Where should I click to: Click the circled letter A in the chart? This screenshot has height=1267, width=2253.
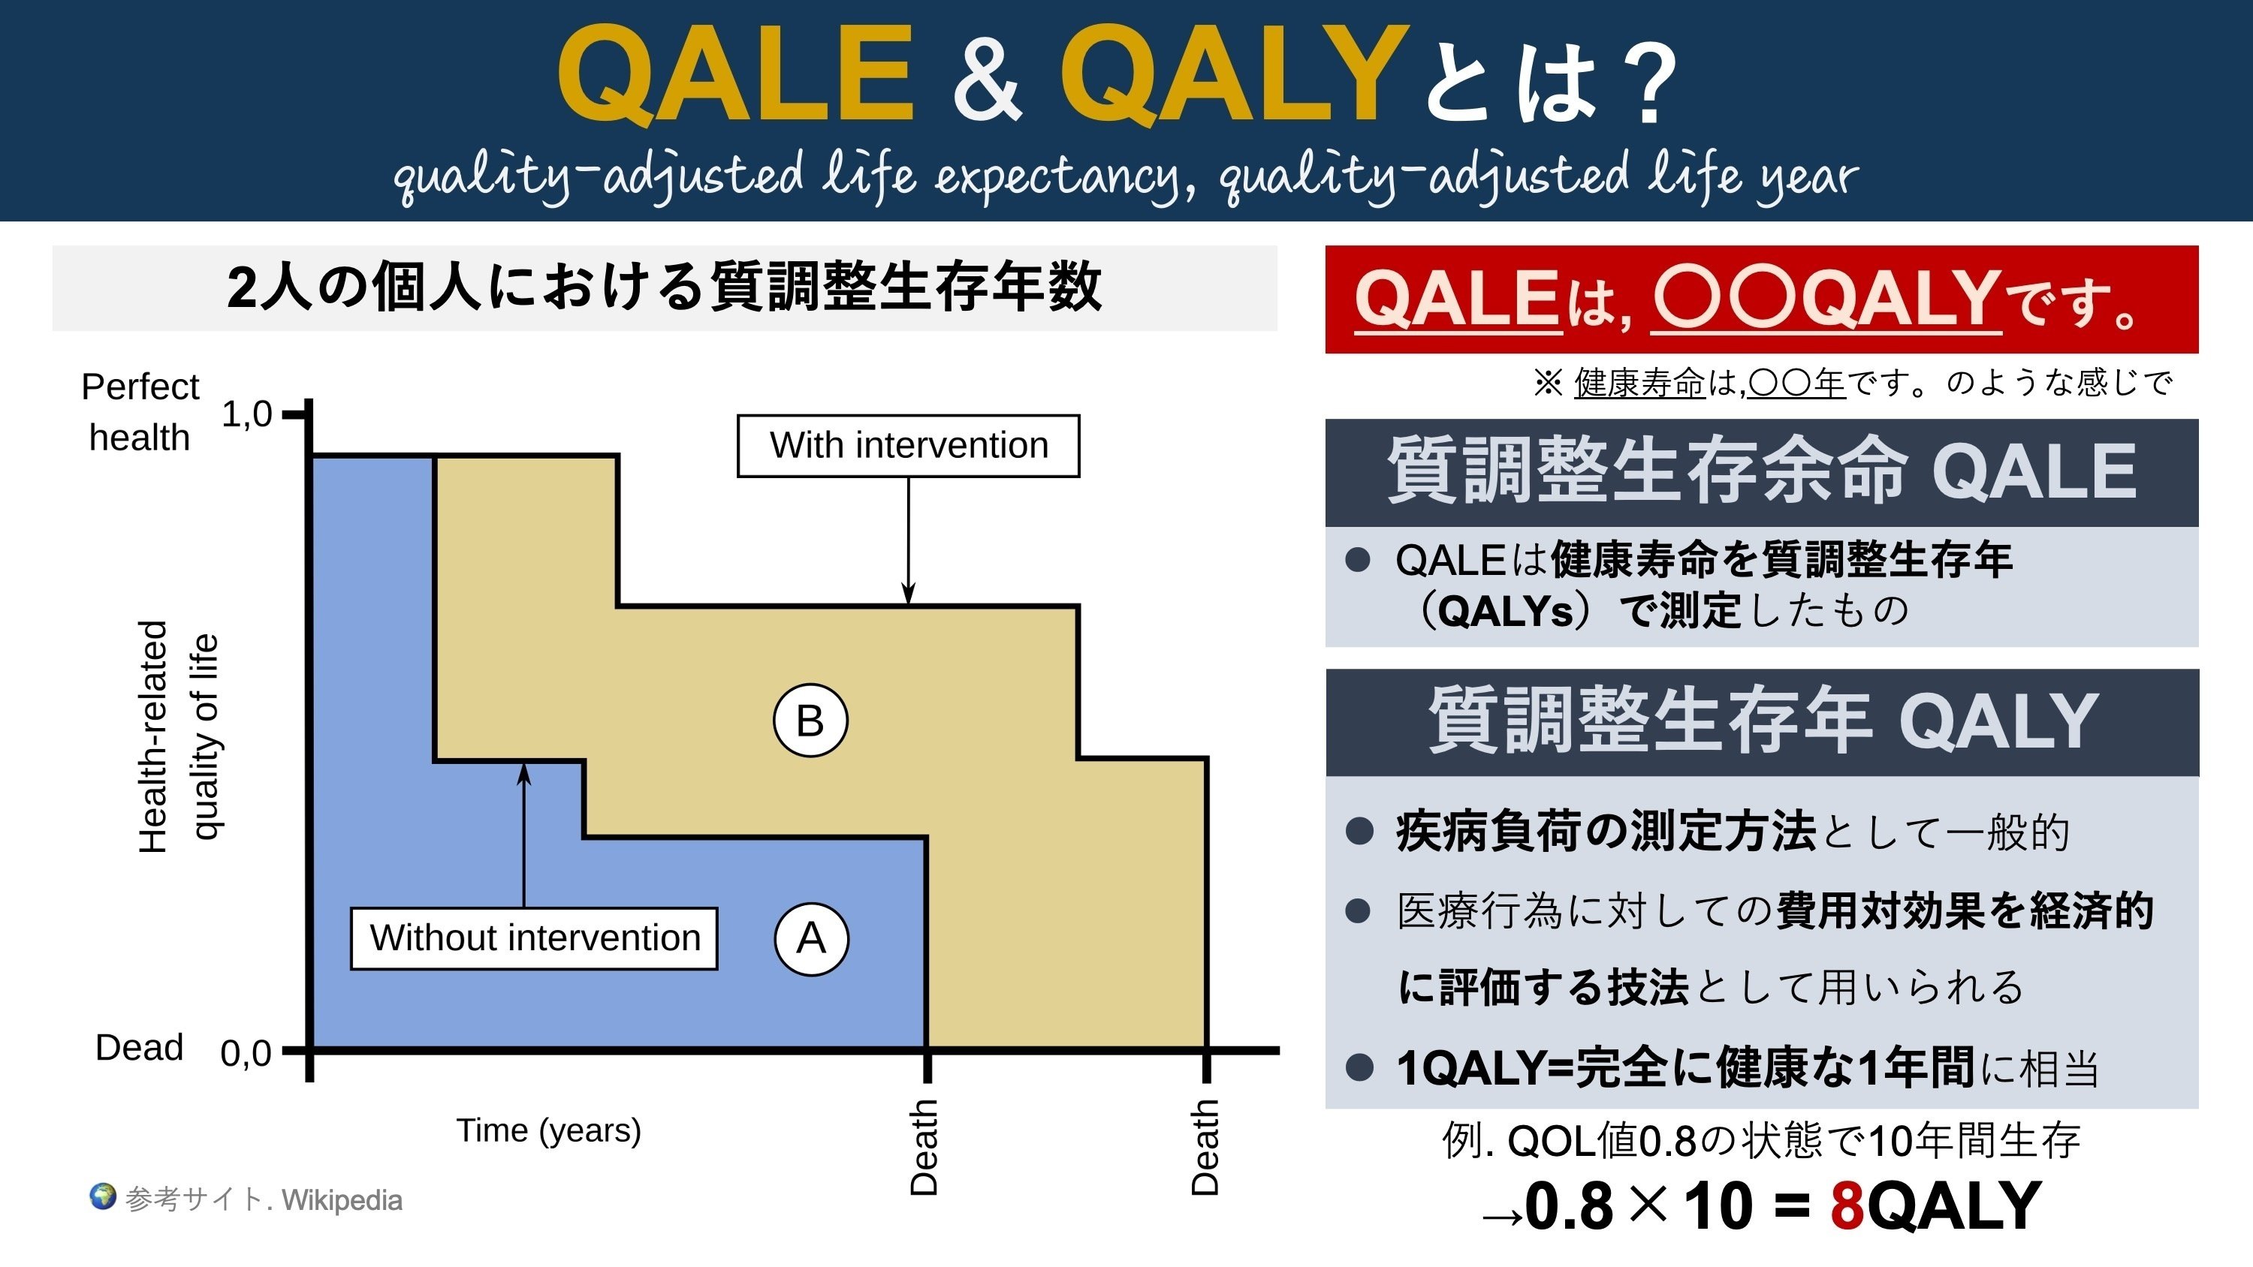coord(812,939)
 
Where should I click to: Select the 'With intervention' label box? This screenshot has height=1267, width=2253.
coord(909,446)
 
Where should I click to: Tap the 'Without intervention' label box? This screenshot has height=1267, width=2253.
coord(535,938)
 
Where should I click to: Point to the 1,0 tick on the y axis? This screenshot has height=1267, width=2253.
coord(296,413)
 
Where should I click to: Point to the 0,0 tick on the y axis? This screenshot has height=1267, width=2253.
coord(296,1050)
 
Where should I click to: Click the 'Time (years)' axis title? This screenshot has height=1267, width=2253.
coord(548,1130)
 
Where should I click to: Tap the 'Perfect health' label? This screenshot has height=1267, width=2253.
coord(140,412)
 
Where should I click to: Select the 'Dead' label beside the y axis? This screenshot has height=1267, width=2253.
coord(139,1048)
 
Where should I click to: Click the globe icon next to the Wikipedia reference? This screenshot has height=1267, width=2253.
coord(102,1196)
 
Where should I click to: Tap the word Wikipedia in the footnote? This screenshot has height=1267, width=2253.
coord(342,1200)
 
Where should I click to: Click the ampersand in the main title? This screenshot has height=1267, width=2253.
coord(988,77)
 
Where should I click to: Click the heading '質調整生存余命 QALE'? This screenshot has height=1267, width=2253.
coord(1761,471)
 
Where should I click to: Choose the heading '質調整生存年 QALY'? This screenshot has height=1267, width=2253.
coord(1763,721)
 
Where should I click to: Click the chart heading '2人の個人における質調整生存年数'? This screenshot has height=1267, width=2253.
coord(665,287)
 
